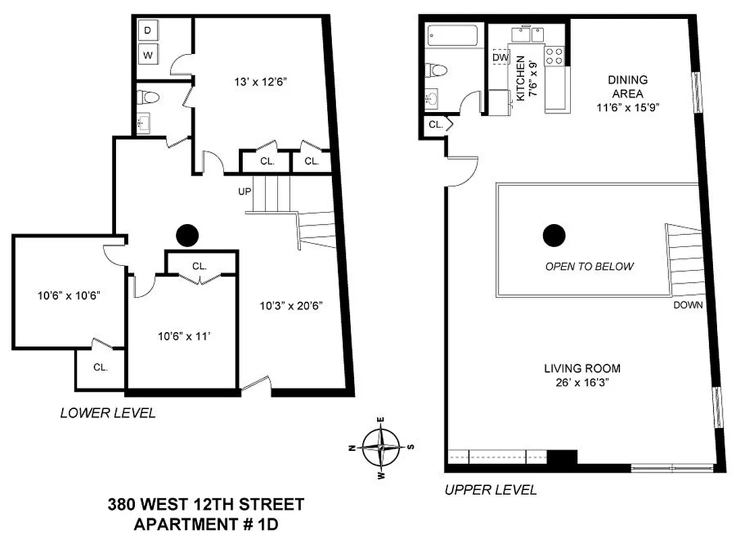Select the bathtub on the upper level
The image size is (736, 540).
coord(453,35)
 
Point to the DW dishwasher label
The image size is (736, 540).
coord(500,58)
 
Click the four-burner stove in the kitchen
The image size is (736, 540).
coord(554,55)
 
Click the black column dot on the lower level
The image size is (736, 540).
coord(187,235)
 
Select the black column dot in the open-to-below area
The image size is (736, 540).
coord(555,235)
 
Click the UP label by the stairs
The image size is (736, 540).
coord(244,192)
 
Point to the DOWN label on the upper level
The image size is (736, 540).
coord(687,305)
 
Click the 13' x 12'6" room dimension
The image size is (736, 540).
coord(258,83)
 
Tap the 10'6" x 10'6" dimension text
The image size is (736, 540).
coord(63,295)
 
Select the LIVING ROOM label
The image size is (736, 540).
coord(582,369)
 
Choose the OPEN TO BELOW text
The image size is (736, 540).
coord(589,266)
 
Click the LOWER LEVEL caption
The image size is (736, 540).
coord(108,413)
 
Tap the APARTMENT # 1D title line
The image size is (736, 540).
coord(206,523)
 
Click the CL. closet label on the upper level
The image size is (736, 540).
coord(435,125)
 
